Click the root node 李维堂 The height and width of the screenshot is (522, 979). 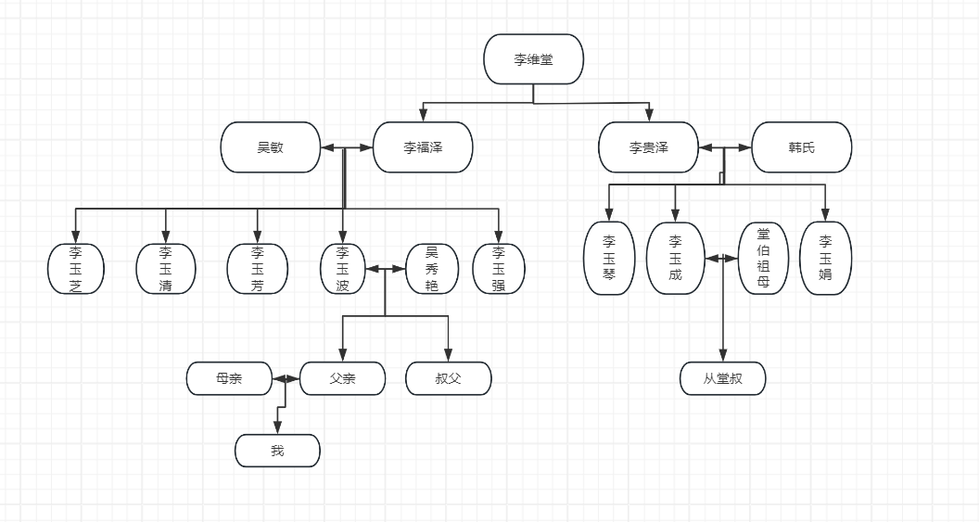(533, 59)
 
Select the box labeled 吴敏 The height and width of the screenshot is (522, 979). (271, 146)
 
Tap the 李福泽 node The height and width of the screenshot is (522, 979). (423, 146)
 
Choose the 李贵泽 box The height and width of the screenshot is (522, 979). (648, 146)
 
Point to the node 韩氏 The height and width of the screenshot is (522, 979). (801, 146)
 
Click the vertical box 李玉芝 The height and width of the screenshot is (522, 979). (76, 269)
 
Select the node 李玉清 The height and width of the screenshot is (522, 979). (166, 269)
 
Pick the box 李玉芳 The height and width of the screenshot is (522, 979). (258, 269)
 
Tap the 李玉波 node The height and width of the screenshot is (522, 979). (343, 269)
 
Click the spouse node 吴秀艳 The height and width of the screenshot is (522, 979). (431, 269)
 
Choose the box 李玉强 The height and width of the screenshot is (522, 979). (499, 269)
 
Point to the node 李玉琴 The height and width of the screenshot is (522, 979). (609, 258)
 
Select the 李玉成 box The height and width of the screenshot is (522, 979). (675, 258)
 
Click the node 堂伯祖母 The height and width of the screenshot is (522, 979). (763, 258)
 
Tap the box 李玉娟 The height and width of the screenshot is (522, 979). (825, 258)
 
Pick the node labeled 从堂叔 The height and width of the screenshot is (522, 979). (723, 378)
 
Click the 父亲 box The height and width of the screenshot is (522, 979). (342, 378)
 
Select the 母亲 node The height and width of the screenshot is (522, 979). (229, 378)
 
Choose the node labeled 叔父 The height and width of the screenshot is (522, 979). (449, 378)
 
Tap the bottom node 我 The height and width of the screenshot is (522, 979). (277, 451)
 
